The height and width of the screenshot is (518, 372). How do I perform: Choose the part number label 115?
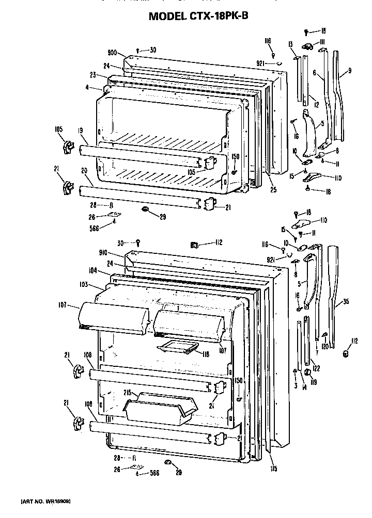(x=273, y=469)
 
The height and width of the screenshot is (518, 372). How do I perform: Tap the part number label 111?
(x=320, y=41)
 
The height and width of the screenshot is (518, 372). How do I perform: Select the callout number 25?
(x=273, y=190)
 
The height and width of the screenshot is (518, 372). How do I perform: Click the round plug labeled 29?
(x=145, y=209)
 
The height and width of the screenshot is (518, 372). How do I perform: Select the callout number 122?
(x=317, y=367)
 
